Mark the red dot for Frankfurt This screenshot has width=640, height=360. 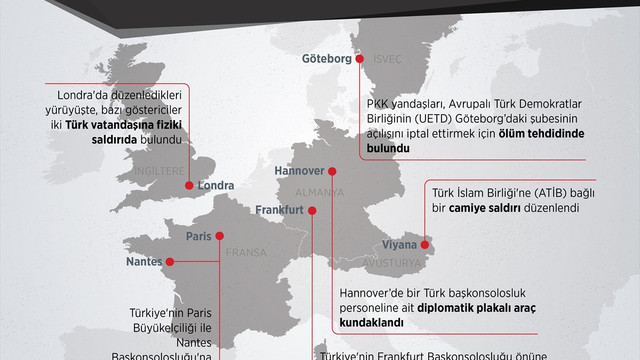pyautogui.click(x=313, y=210)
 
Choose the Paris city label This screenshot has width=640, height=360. pyautogui.click(x=201, y=236)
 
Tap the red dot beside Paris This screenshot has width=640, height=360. pyautogui.click(x=223, y=236)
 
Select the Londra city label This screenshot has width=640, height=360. pyautogui.click(x=216, y=213)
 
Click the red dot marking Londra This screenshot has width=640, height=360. pyautogui.click(x=190, y=212)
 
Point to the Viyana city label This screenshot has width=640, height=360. pyautogui.click(x=403, y=243)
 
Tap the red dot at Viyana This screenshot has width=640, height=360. pyautogui.click(x=432, y=241)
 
